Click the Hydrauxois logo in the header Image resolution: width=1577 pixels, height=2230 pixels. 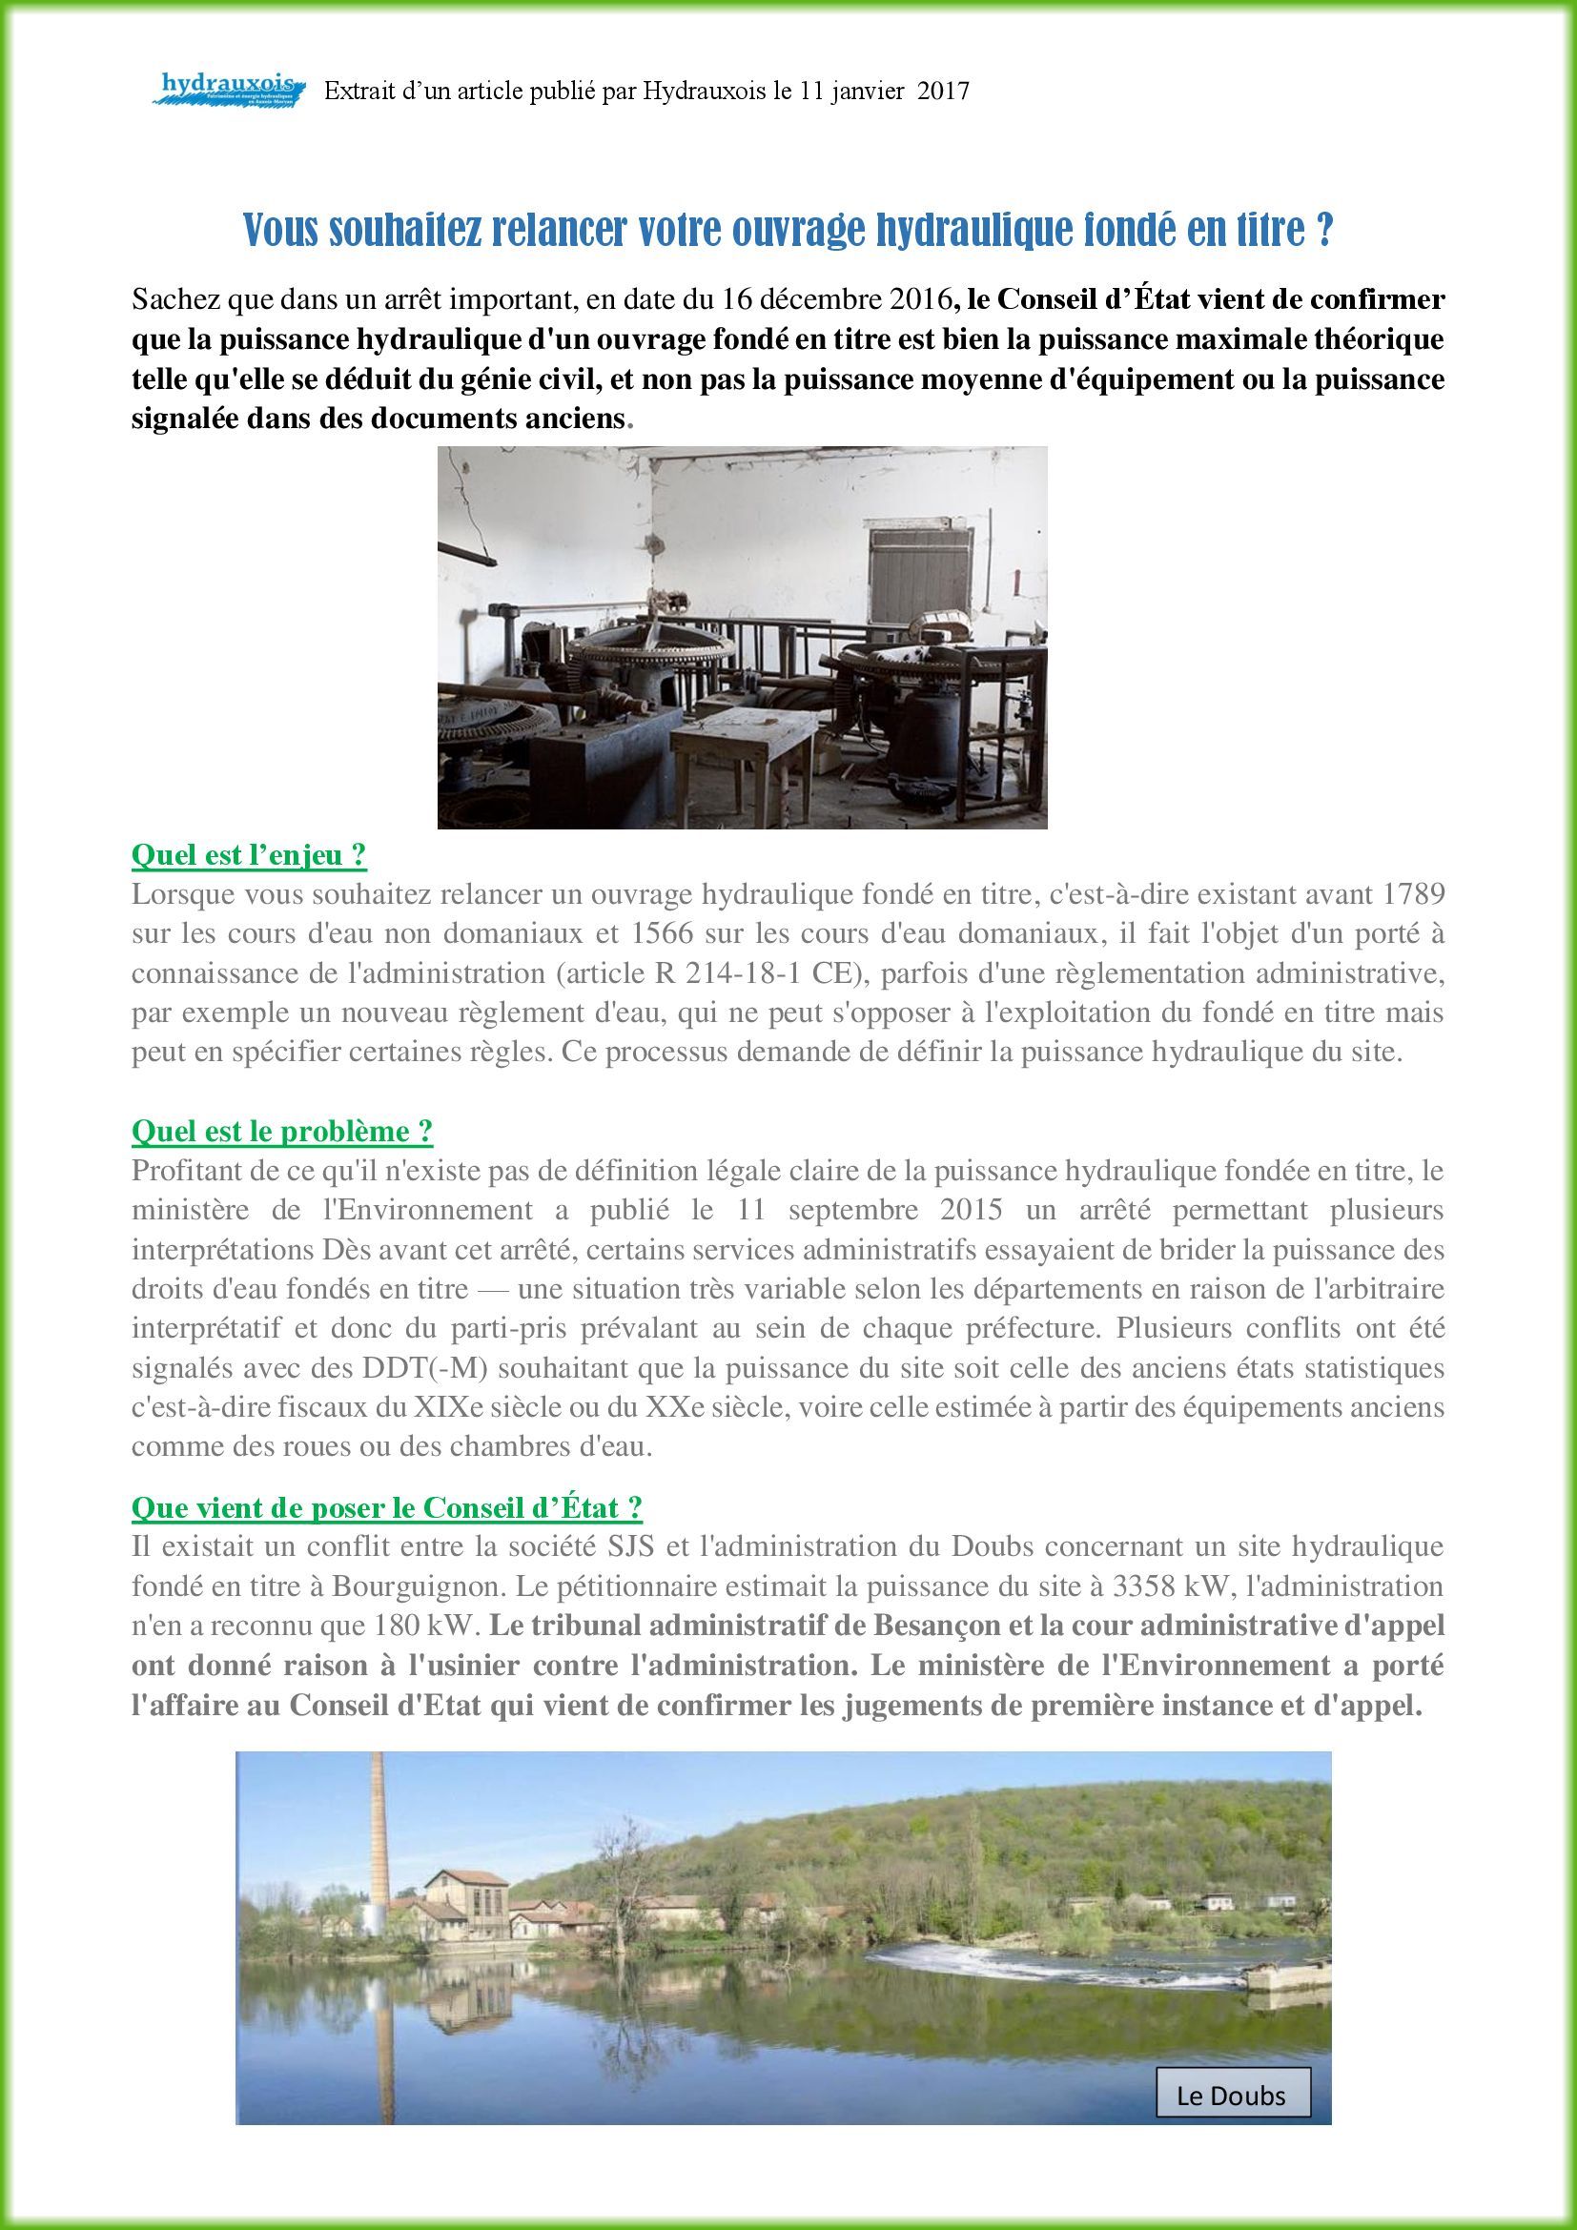pyautogui.click(x=229, y=90)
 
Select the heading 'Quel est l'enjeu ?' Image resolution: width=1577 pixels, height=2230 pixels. pyautogui.click(x=249, y=854)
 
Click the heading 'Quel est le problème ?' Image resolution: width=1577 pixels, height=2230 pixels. pyautogui.click(x=281, y=1131)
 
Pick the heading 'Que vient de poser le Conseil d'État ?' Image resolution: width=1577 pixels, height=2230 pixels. pyautogui.click(x=386, y=1506)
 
